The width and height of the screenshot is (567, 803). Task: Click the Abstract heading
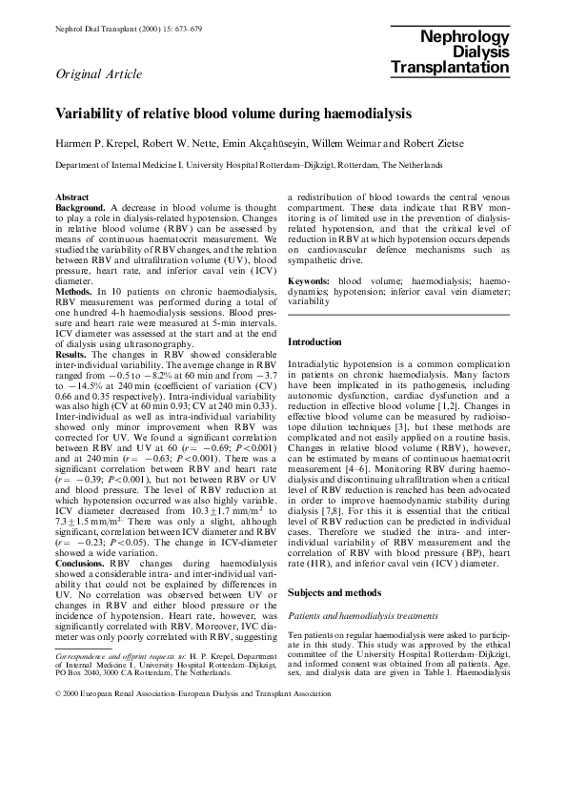coord(74,196)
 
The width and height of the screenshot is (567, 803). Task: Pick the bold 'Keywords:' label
coord(309,281)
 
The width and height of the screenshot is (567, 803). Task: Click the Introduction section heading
coord(314,341)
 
